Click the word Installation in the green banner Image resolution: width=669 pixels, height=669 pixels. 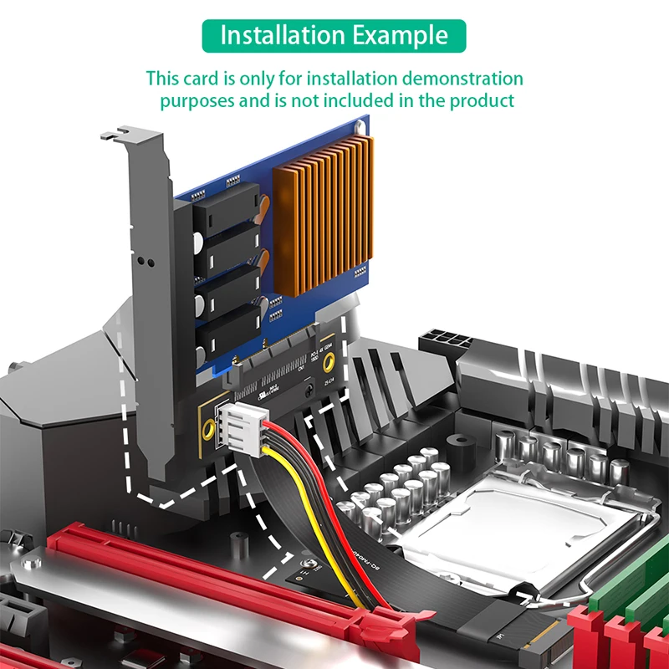tap(272, 36)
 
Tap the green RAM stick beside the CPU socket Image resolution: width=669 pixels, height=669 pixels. tap(636, 585)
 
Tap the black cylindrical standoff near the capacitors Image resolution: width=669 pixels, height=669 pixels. tap(456, 443)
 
